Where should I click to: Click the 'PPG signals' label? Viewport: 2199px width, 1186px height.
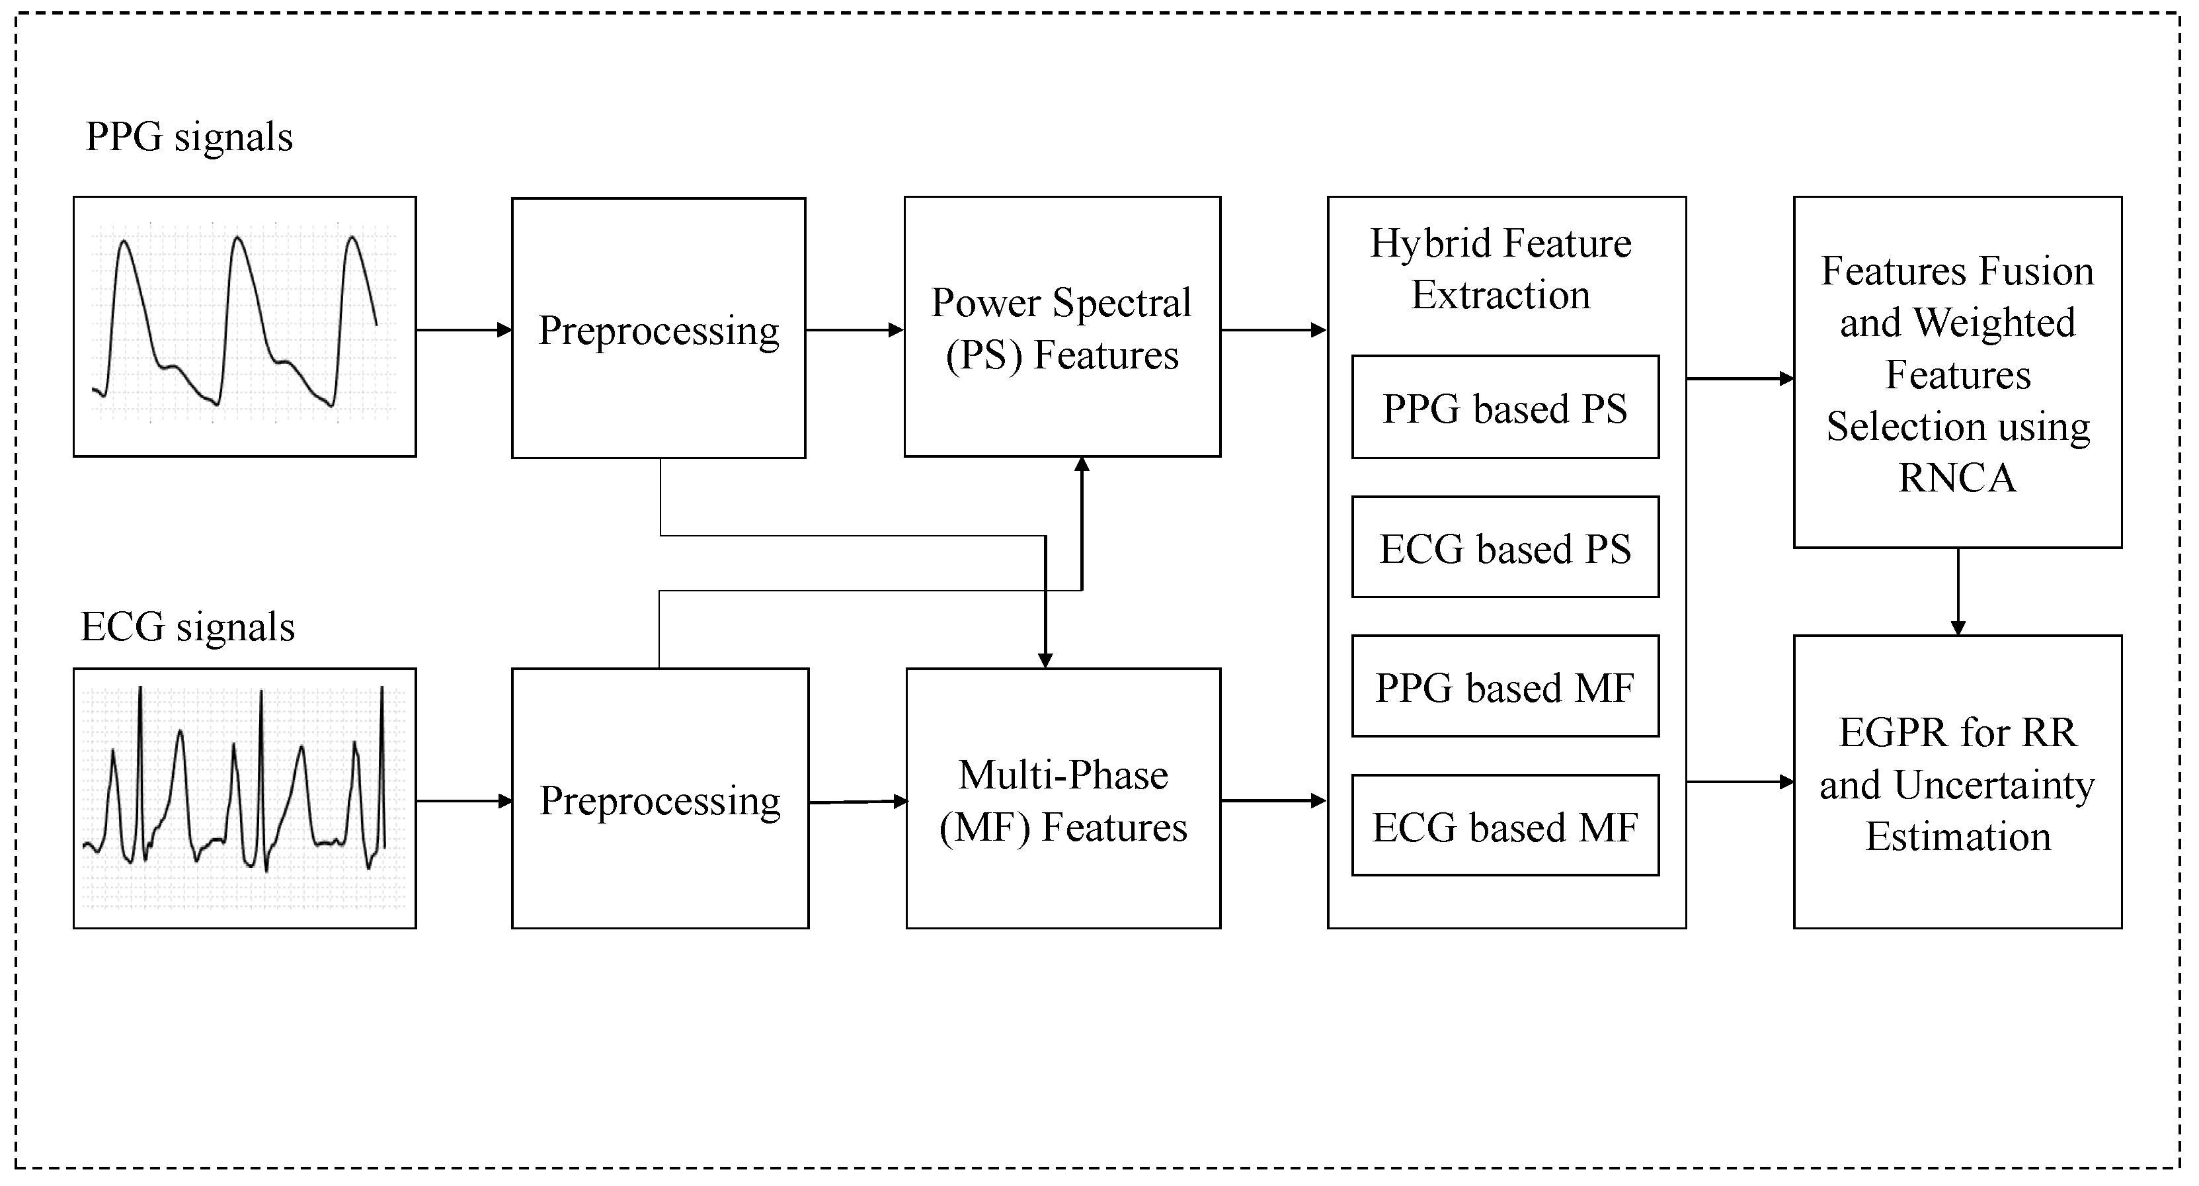pos(188,137)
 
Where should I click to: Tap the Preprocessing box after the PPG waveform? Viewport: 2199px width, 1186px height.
pos(658,329)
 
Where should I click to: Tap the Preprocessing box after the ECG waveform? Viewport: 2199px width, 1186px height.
pos(660,798)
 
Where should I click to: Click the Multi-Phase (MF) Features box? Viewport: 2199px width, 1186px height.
pos(1062,798)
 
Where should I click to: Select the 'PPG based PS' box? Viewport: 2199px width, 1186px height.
pos(1505,407)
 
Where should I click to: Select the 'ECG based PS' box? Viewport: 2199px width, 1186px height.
pos(1505,547)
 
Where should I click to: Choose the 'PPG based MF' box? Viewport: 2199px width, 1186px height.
pos(1505,687)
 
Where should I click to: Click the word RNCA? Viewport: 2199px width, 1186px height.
pos(1956,478)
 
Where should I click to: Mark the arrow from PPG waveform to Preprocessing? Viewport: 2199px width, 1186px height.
pos(463,329)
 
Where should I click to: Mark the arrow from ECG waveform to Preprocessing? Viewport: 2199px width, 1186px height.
pos(463,801)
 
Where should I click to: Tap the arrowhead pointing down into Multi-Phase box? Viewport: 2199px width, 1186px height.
pos(1045,659)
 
